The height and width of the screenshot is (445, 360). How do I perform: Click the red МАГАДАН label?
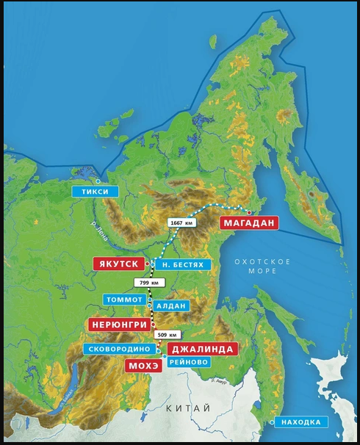click(249, 223)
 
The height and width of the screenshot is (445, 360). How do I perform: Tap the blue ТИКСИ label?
click(95, 192)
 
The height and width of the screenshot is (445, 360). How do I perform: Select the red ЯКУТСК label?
click(117, 264)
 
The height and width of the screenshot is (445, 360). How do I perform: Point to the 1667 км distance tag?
click(181, 222)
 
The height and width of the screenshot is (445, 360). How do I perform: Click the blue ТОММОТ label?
click(124, 300)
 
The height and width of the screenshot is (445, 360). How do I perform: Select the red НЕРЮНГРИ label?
click(120, 324)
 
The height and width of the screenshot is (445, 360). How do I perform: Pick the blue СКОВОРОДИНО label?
click(119, 349)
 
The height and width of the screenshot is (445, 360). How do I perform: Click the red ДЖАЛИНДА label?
click(201, 349)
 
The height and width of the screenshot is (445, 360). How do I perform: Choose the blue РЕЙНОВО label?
click(189, 362)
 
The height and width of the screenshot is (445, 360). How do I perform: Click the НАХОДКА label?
click(302, 422)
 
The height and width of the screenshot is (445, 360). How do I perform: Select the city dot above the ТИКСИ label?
click(98, 180)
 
